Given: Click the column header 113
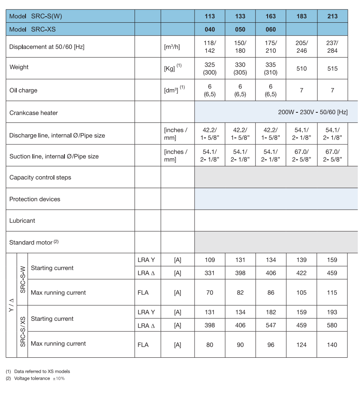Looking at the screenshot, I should point(210,16).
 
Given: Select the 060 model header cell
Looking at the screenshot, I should point(270,29).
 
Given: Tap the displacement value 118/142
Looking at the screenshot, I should point(210,47).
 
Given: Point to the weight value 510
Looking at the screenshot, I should point(302,69).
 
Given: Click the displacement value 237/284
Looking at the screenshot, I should point(332,47).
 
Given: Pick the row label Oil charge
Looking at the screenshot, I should point(23,90).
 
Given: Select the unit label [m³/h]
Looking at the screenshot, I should point(172,47).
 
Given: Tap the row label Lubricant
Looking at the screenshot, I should point(22,221).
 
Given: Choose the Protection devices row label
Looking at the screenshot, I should point(34,199).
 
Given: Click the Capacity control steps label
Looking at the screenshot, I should point(40,177).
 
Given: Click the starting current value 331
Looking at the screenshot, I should point(210,273).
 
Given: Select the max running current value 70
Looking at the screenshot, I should point(210,292).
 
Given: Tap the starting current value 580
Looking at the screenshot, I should point(332,325).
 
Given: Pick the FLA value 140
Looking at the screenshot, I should point(332,345).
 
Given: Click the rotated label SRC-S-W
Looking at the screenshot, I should point(23,279).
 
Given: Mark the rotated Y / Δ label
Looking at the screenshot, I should point(11,305).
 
